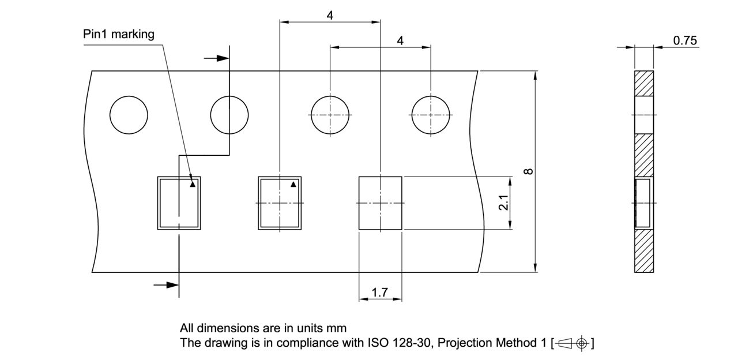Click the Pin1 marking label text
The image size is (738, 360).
[x=119, y=34]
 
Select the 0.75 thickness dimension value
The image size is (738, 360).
[x=684, y=40]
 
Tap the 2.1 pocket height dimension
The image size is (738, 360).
[x=503, y=202]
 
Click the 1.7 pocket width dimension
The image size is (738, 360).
[x=380, y=292]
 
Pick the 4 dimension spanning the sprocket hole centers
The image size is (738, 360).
[x=400, y=40]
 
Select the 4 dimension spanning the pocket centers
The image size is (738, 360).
[x=330, y=16]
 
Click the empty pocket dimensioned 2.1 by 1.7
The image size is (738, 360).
[x=380, y=203]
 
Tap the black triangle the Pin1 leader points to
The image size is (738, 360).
[x=193, y=185]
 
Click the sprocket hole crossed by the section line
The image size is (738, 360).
[x=229, y=114]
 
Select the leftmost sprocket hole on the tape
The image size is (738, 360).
[x=129, y=114]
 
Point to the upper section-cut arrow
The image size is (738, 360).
[x=217, y=58]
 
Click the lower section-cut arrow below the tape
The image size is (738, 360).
[x=166, y=284]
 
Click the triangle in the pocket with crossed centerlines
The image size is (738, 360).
[x=293, y=185]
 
